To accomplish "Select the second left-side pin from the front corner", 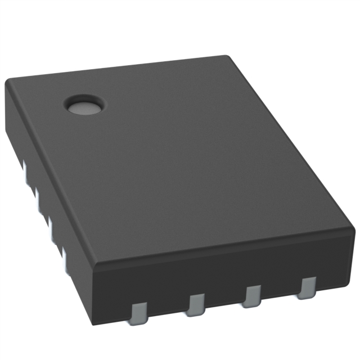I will [51, 228].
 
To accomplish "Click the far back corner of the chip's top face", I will [226, 57].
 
